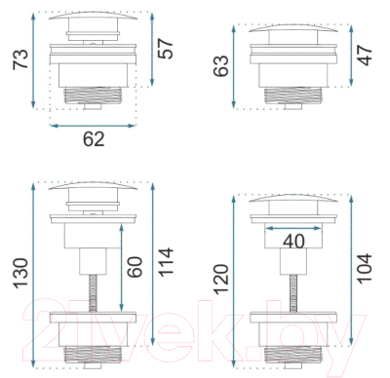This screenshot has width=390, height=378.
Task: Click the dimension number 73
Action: (21, 59)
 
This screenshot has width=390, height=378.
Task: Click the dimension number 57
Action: (166, 49)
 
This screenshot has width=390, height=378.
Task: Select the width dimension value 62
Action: (94, 139)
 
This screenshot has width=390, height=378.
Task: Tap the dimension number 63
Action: (221, 66)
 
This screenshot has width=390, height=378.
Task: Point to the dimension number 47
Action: (365, 56)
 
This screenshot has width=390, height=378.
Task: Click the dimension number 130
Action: (21, 273)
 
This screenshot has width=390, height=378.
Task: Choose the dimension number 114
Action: (166, 262)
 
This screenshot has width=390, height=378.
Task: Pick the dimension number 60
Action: (135, 267)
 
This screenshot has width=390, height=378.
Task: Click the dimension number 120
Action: (221, 280)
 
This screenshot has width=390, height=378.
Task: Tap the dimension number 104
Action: (365, 269)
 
